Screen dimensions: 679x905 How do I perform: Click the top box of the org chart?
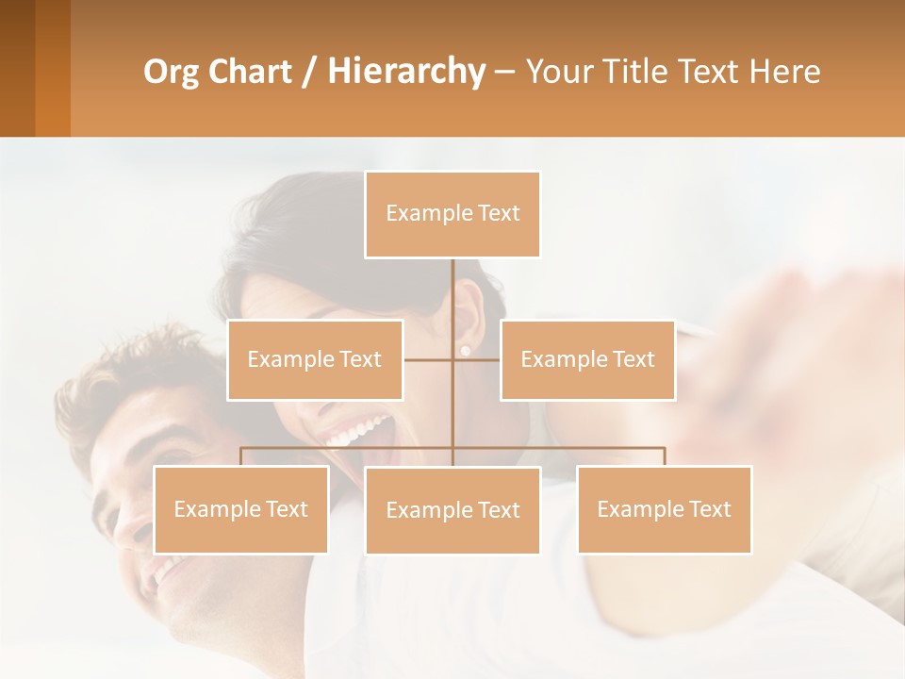click(452, 214)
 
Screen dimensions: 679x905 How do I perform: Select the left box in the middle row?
click(315, 359)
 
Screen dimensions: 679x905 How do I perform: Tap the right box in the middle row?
click(587, 359)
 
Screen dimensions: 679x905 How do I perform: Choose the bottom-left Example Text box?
click(240, 509)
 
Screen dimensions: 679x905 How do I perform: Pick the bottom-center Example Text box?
click(452, 510)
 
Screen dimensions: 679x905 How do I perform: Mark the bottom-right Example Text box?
click(664, 509)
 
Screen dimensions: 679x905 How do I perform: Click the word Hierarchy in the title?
click(405, 71)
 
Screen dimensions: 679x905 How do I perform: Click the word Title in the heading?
click(625, 72)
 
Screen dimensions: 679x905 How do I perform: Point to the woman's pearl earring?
click(464, 350)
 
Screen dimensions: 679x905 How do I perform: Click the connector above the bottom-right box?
click(664, 455)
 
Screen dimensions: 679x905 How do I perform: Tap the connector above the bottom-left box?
click(240, 455)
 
